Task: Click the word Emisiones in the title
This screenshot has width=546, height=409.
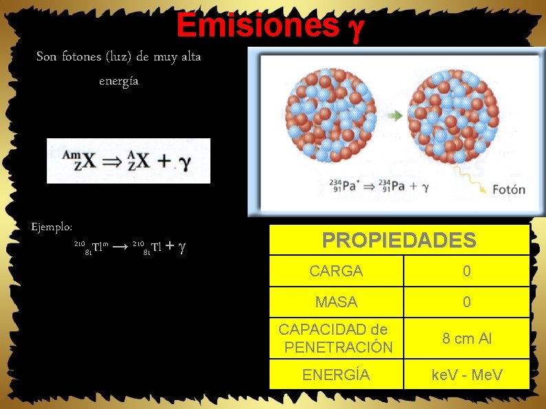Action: coord(257,26)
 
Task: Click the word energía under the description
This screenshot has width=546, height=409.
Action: coord(118,80)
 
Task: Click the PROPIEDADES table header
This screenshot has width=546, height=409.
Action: coord(399,240)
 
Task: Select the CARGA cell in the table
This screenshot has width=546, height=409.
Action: coord(336,271)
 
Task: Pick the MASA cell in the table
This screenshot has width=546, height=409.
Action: coord(336,302)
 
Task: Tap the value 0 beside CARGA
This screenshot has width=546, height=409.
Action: coord(466,271)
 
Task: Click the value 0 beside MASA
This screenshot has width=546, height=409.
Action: coord(466,302)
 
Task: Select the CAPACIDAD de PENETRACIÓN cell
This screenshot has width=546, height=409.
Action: coord(336,338)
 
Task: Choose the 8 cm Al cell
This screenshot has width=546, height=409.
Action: coord(466,338)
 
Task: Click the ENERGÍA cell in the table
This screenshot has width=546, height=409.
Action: coord(336,375)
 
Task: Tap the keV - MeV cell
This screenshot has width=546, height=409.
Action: coord(466,375)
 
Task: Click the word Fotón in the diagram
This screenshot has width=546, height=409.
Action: coord(508,189)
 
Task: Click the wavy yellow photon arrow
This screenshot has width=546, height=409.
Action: coord(471,176)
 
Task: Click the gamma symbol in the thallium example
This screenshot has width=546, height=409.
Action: coord(182,246)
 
